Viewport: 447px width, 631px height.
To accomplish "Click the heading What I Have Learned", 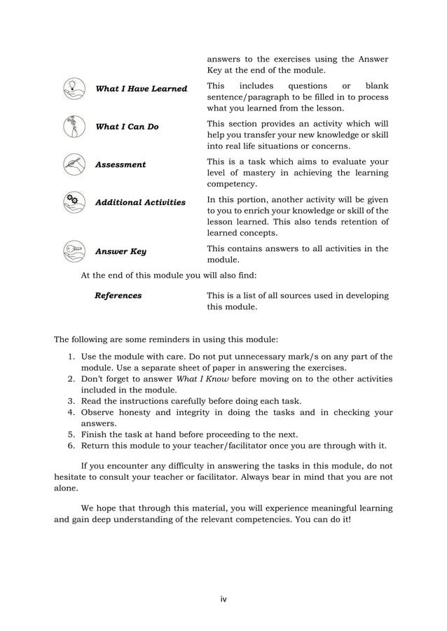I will pos(141,89).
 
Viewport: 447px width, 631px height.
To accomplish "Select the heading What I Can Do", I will pos(126,127).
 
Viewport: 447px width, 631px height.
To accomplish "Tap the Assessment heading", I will pos(121,164).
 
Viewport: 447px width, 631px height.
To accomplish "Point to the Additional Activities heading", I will pos(140,202).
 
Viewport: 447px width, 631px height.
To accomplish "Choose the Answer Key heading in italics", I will pos(121,251).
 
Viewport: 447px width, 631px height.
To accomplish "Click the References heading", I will pos(118,295).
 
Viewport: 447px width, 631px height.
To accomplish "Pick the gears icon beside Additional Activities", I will pos(71,201).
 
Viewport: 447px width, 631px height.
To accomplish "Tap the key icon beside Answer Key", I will pos(71,250).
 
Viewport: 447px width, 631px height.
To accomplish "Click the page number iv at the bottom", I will pos(224,599).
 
